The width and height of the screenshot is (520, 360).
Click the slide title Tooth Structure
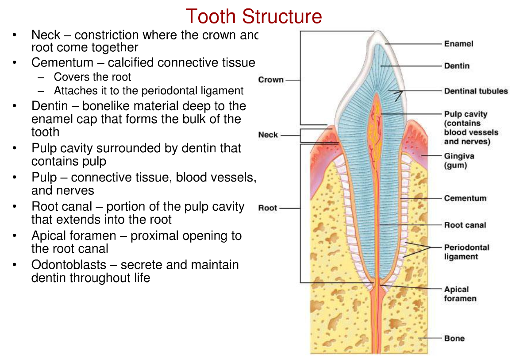(x=254, y=17)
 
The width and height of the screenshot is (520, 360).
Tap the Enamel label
(x=458, y=44)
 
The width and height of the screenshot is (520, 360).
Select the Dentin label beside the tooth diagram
(x=457, y=66)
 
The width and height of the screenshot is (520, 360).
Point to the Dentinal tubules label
(x=476, y=91)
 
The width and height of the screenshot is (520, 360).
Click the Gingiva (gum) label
(x=458, y=161)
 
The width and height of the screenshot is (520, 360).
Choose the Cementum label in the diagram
(x=465, y=198)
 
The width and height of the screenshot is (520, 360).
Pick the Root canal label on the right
(x=465, y=225)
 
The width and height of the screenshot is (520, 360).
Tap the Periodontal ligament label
(x=466, y=252)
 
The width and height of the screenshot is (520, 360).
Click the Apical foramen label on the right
(x=460, y=294)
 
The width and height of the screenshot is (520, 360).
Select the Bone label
(x=454, y=338)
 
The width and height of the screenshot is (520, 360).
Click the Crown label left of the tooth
(x=271, y=80)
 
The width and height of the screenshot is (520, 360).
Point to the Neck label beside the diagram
(x=268, y=135)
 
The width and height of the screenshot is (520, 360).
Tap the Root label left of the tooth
(x=268, y=208)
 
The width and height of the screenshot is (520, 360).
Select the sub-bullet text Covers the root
(x=92, y=77)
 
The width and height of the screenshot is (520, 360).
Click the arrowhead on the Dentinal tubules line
(x=399, y=94)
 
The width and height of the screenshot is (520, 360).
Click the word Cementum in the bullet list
(x=62, y=62)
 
